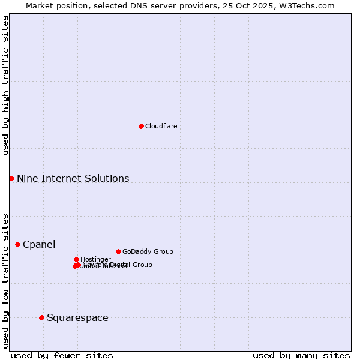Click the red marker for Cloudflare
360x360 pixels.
(x=141, y=126)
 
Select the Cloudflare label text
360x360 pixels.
(x=161, y=126)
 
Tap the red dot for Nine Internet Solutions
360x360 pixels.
(x=11, y=178)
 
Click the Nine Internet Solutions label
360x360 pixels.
(x=73, y=178)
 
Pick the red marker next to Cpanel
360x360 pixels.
(x=17, y=244)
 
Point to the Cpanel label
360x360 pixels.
(x=39, y=244)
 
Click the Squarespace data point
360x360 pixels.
(x=41, y=317)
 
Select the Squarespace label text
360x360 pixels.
(x=77, y=317)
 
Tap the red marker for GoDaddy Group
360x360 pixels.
(x=118, y=251)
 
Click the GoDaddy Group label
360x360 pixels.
(x=147, y=251)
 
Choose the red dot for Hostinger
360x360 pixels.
(x=76, y=259)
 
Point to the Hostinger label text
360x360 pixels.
(x=95, y=259)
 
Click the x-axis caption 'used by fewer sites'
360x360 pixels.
(x=62, y=355)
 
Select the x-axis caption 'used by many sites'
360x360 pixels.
(x=301, y=355)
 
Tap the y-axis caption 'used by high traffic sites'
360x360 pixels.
(x=5, y=85)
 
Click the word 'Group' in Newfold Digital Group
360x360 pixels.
(x=142, y=265)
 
